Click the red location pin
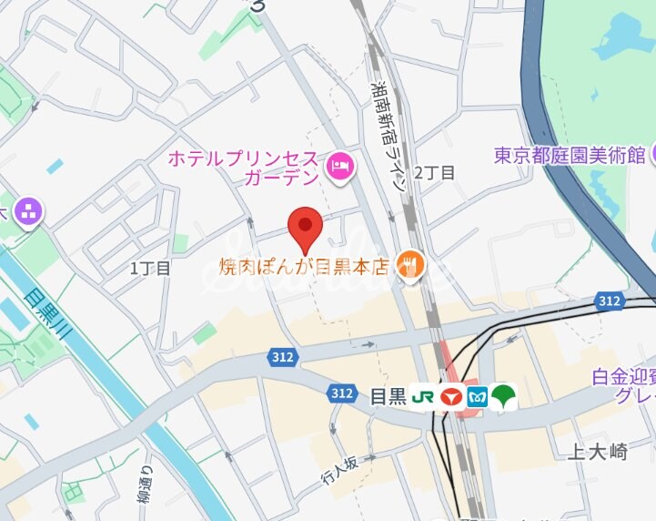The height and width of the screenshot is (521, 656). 305,228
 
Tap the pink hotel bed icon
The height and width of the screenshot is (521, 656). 341,167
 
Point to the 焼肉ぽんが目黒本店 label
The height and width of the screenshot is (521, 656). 304,267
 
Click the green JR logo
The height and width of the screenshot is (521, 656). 422,397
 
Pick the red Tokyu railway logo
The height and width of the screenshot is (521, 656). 449,397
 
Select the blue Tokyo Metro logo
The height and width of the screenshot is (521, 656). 477,397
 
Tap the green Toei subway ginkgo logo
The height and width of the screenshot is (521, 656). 503,397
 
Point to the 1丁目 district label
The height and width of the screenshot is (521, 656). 150,268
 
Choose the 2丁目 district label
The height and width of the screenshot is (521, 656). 434,172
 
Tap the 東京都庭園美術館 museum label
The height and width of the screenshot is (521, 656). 570,155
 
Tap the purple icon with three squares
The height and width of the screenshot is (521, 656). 29,213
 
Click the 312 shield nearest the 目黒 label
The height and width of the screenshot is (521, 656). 342,393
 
